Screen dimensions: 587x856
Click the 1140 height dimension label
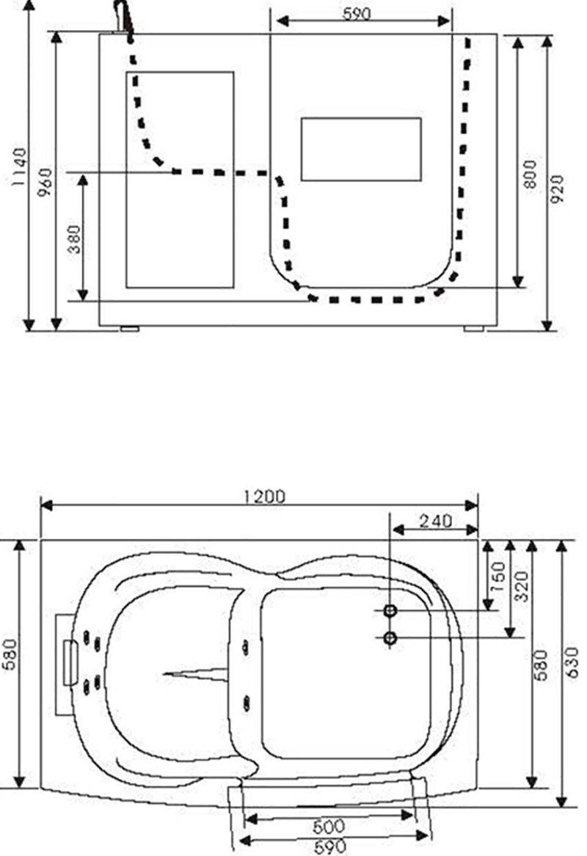(x=18, y=167)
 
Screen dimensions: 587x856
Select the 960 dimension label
(x=46, y=183)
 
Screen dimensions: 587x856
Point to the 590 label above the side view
(x=357, y=14)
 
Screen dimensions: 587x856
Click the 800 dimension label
(x=531, y=174)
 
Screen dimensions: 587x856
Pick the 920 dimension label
(x=556, y=189)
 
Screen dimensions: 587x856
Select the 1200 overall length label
(x=264, y=497)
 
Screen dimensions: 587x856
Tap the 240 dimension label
(x=435, y=522)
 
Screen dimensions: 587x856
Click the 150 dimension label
(x=498, y=577)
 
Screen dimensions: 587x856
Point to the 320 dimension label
(x=522, y=586)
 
